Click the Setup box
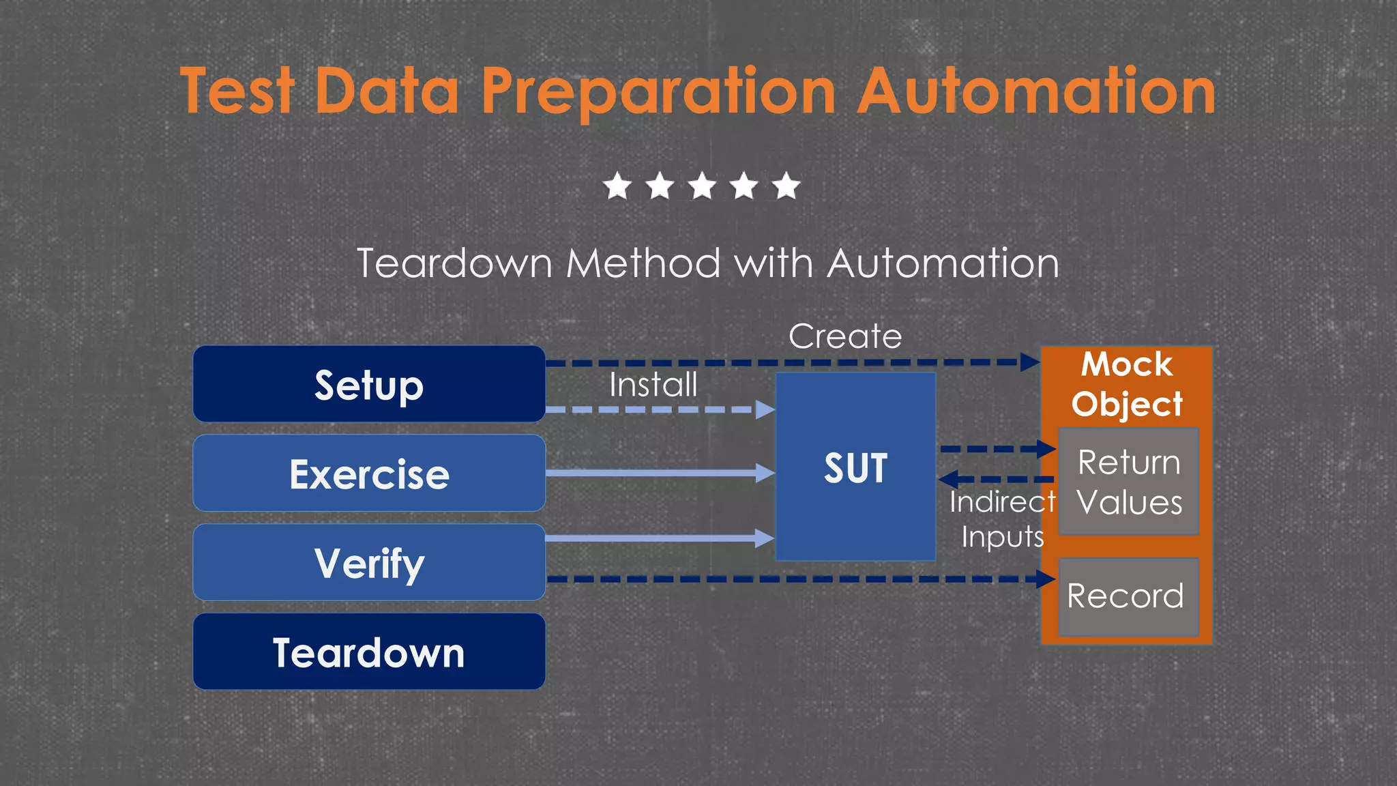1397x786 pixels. coord(369,384)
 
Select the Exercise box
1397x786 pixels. coord(369,474)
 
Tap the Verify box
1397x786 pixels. coord(369,563)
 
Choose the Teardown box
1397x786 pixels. coord(369,652)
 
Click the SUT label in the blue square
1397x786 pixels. coord(855,468)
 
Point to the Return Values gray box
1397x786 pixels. coord(1128,482)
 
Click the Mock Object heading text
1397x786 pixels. coord(1127,383)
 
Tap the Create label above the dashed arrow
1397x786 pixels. coord(844,336)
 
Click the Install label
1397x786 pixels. coord(653,385)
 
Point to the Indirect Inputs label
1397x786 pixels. coord(1001,519)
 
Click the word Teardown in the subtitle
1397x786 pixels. coord(454,263)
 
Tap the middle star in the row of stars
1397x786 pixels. coord(702,186)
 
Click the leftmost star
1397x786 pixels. coord(617,186)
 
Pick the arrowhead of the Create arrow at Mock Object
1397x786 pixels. coord(1030,362)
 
